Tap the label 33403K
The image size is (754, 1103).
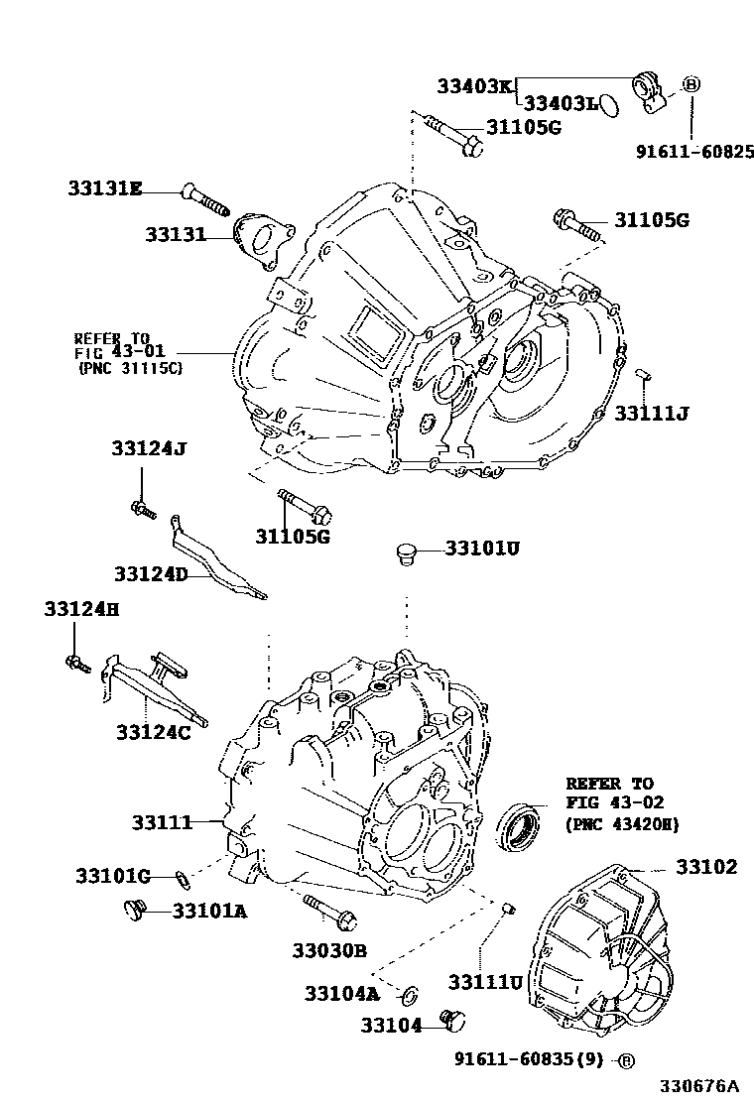(x=474, y=86)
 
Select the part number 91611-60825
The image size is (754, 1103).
(x=694, y=152)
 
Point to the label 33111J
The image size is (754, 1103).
(x=651, y=412)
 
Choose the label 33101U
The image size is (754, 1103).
(x=482, y=548)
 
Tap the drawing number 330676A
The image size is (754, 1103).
(x=702, y=1086)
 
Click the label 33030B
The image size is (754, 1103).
(x=329, y=950)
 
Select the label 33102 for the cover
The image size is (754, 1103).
(x=707, y=867)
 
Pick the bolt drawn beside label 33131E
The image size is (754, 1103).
(x=204, y=200)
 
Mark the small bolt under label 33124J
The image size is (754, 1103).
(x=143, y=510)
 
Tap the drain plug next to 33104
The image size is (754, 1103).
(x=454, y=1020)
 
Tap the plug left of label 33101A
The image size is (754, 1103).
(x=134, y=906)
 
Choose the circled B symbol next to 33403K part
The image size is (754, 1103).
(x=691, y=84)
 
